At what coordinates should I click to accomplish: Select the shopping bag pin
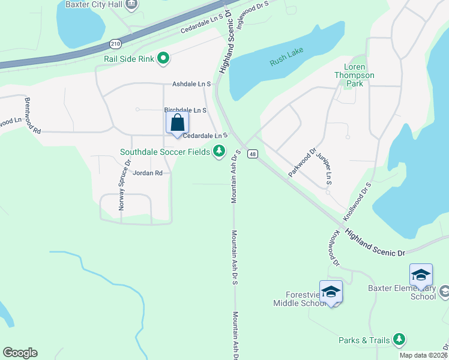pos(177,124)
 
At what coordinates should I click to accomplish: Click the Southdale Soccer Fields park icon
pos(220,151)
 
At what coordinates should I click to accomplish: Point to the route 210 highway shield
pos(115,43)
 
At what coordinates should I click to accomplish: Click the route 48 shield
pos(253,154)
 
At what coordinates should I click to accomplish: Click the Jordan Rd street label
pos(148,173)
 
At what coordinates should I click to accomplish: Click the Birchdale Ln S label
pos(185,110)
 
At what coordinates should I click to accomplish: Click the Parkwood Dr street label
pos(302,162)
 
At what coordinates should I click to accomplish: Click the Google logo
pos(20,353)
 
